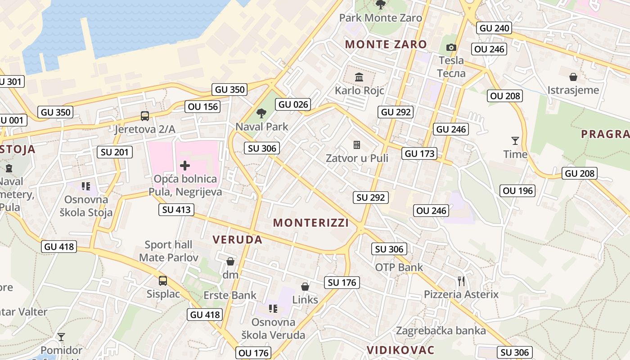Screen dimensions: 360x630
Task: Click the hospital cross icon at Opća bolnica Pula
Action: [x=185, y=166]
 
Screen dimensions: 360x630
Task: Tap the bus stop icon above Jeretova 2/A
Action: [x=145, y=116]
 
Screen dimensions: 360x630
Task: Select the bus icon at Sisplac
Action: [x=163, y=281]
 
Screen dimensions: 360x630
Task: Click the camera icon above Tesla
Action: [x=451, y=47]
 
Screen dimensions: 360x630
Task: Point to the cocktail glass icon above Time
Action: [x=515, y=141]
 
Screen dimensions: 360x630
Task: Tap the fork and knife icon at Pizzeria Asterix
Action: [x=461, y=281]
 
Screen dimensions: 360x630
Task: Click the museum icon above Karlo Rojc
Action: [x=359, y=77]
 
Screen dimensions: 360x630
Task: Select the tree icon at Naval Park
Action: [x=261, y=113]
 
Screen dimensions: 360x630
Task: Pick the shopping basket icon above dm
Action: [x=230, y=261]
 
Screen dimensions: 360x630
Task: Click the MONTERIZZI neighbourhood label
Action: [x=311, y=223]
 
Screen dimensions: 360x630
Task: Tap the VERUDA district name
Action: [x=238, y=239]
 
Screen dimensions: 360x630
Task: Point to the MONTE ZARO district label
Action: [x=386, y=44]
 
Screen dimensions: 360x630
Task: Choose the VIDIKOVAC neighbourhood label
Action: [x=400, y=350]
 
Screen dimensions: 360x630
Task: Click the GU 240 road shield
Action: [x=495, y=28]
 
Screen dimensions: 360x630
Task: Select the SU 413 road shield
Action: [x=177, y=209]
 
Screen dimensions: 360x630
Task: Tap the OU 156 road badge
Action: [x=203, y=107]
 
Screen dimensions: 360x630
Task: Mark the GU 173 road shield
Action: [x=420, y=153]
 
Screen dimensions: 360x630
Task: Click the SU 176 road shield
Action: [x=342, y=283]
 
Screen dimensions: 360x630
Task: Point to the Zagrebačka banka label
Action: [x=441, y=331]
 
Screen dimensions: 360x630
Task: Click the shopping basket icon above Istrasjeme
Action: [x=573, y=77]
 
